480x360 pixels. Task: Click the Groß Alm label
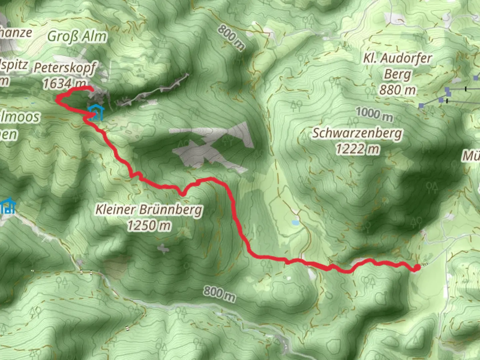[77, 36]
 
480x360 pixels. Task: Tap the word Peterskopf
[65, 68]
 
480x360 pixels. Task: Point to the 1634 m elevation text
[65, 83]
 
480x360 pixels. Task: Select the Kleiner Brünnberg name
[149, 210]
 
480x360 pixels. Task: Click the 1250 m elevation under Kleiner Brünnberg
[149, 226]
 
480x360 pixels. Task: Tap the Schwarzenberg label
[357, 133]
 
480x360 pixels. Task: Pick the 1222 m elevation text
[357, 149]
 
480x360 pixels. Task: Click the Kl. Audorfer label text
[397, 59]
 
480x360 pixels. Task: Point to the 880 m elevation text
[397, 90]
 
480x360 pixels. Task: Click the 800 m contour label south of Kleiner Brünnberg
[219, 293]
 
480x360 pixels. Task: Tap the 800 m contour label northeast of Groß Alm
[231, 37]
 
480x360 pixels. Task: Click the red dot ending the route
[416, 268]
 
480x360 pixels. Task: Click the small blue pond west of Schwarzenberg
[295, 222]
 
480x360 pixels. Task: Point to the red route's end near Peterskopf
[91, 88]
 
